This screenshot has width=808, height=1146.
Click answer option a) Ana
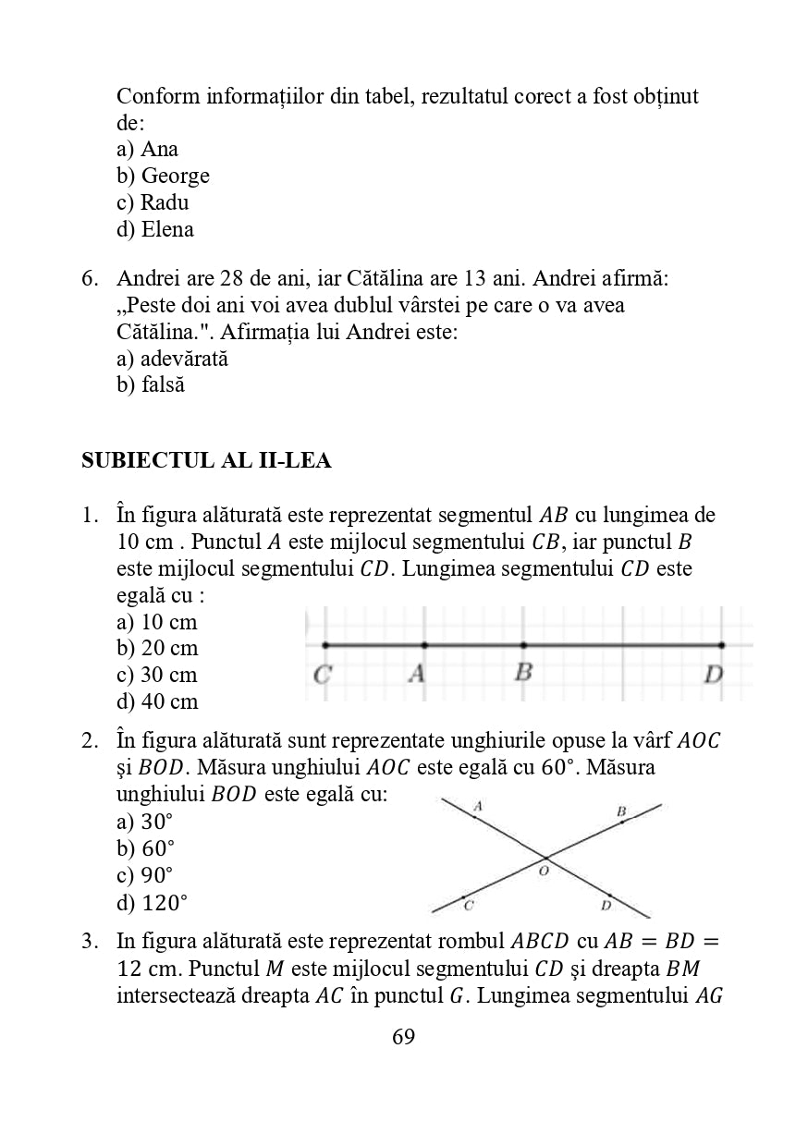coord(147,149)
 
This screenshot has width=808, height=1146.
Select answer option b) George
coord(163,176)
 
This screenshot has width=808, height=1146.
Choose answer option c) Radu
coord(153,202)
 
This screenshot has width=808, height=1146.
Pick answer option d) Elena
coord(155,229)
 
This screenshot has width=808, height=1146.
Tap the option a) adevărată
coord(172,359)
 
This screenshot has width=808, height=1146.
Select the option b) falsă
coord(151,384)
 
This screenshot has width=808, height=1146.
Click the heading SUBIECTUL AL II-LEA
coord(206,460)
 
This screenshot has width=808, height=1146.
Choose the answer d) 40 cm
coord(157,701)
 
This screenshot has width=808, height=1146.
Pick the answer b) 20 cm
coord(157,648)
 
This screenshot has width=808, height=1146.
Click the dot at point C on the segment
coord(324,645)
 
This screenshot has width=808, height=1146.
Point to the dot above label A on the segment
coord(423,645)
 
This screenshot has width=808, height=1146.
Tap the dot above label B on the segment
coord(523,645)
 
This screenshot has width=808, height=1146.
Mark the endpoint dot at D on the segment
coord(722,645)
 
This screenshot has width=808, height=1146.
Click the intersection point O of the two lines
coord(545,857)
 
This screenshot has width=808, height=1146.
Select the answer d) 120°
coord(152,902)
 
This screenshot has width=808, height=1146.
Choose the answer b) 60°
coord(146,848)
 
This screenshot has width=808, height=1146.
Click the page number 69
coord(404,1036)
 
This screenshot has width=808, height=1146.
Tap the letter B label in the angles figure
coord(621,811)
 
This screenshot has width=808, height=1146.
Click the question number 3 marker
coord(89,941)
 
